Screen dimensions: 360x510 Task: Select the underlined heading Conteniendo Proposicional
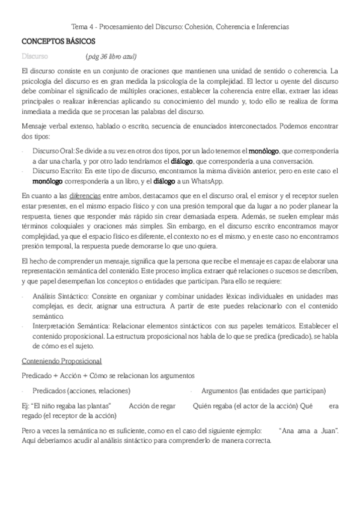pyautogui.click(x=61, y=361)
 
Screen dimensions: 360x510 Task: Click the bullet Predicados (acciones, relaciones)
pyautogui.click(x=82, y=390)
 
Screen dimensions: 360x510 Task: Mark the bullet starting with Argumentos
pyautogui.click(x=264, y=390)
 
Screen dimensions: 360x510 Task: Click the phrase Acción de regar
pyautogui.click(x=153, y=407)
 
